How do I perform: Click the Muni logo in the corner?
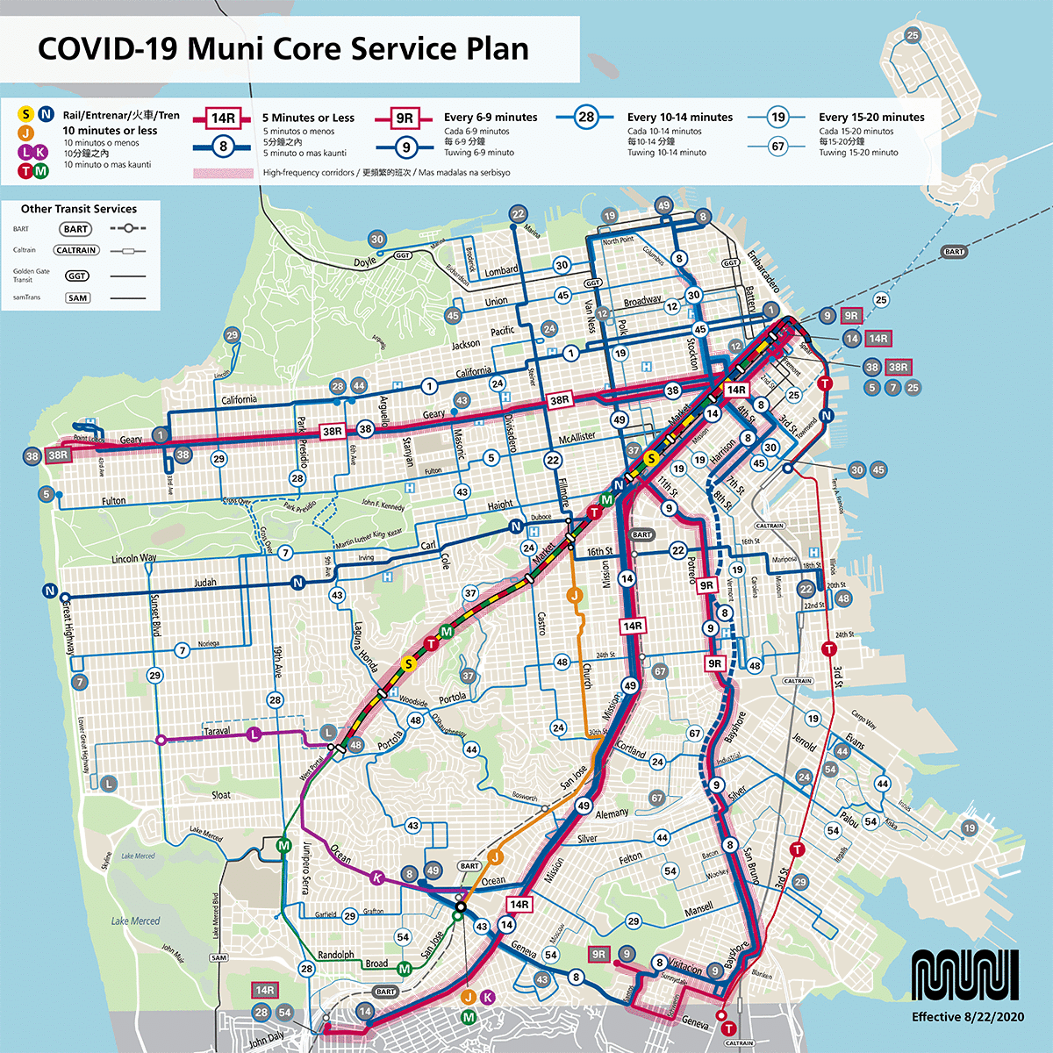point(965,975)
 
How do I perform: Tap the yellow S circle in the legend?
point(25,114)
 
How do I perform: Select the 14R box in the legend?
point(223,118)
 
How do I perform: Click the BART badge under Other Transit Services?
point(76,229)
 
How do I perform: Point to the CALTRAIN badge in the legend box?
point(76,250)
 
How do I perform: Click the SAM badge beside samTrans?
point(77,297)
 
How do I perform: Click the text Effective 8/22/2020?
point(967,1017)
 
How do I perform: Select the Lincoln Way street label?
point(134,558)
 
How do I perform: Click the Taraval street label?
point(217,730)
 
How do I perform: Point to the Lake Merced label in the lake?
point(135,920)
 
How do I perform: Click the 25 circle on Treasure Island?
point(913,35)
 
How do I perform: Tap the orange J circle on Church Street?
point(575,596)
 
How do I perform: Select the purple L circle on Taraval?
point(254,734)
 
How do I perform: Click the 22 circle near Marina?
point(518,214)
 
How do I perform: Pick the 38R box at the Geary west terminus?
point(58,455)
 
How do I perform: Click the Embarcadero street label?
point(763,271)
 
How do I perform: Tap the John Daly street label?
point(267,1040)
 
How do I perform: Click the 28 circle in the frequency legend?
point(585,118)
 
